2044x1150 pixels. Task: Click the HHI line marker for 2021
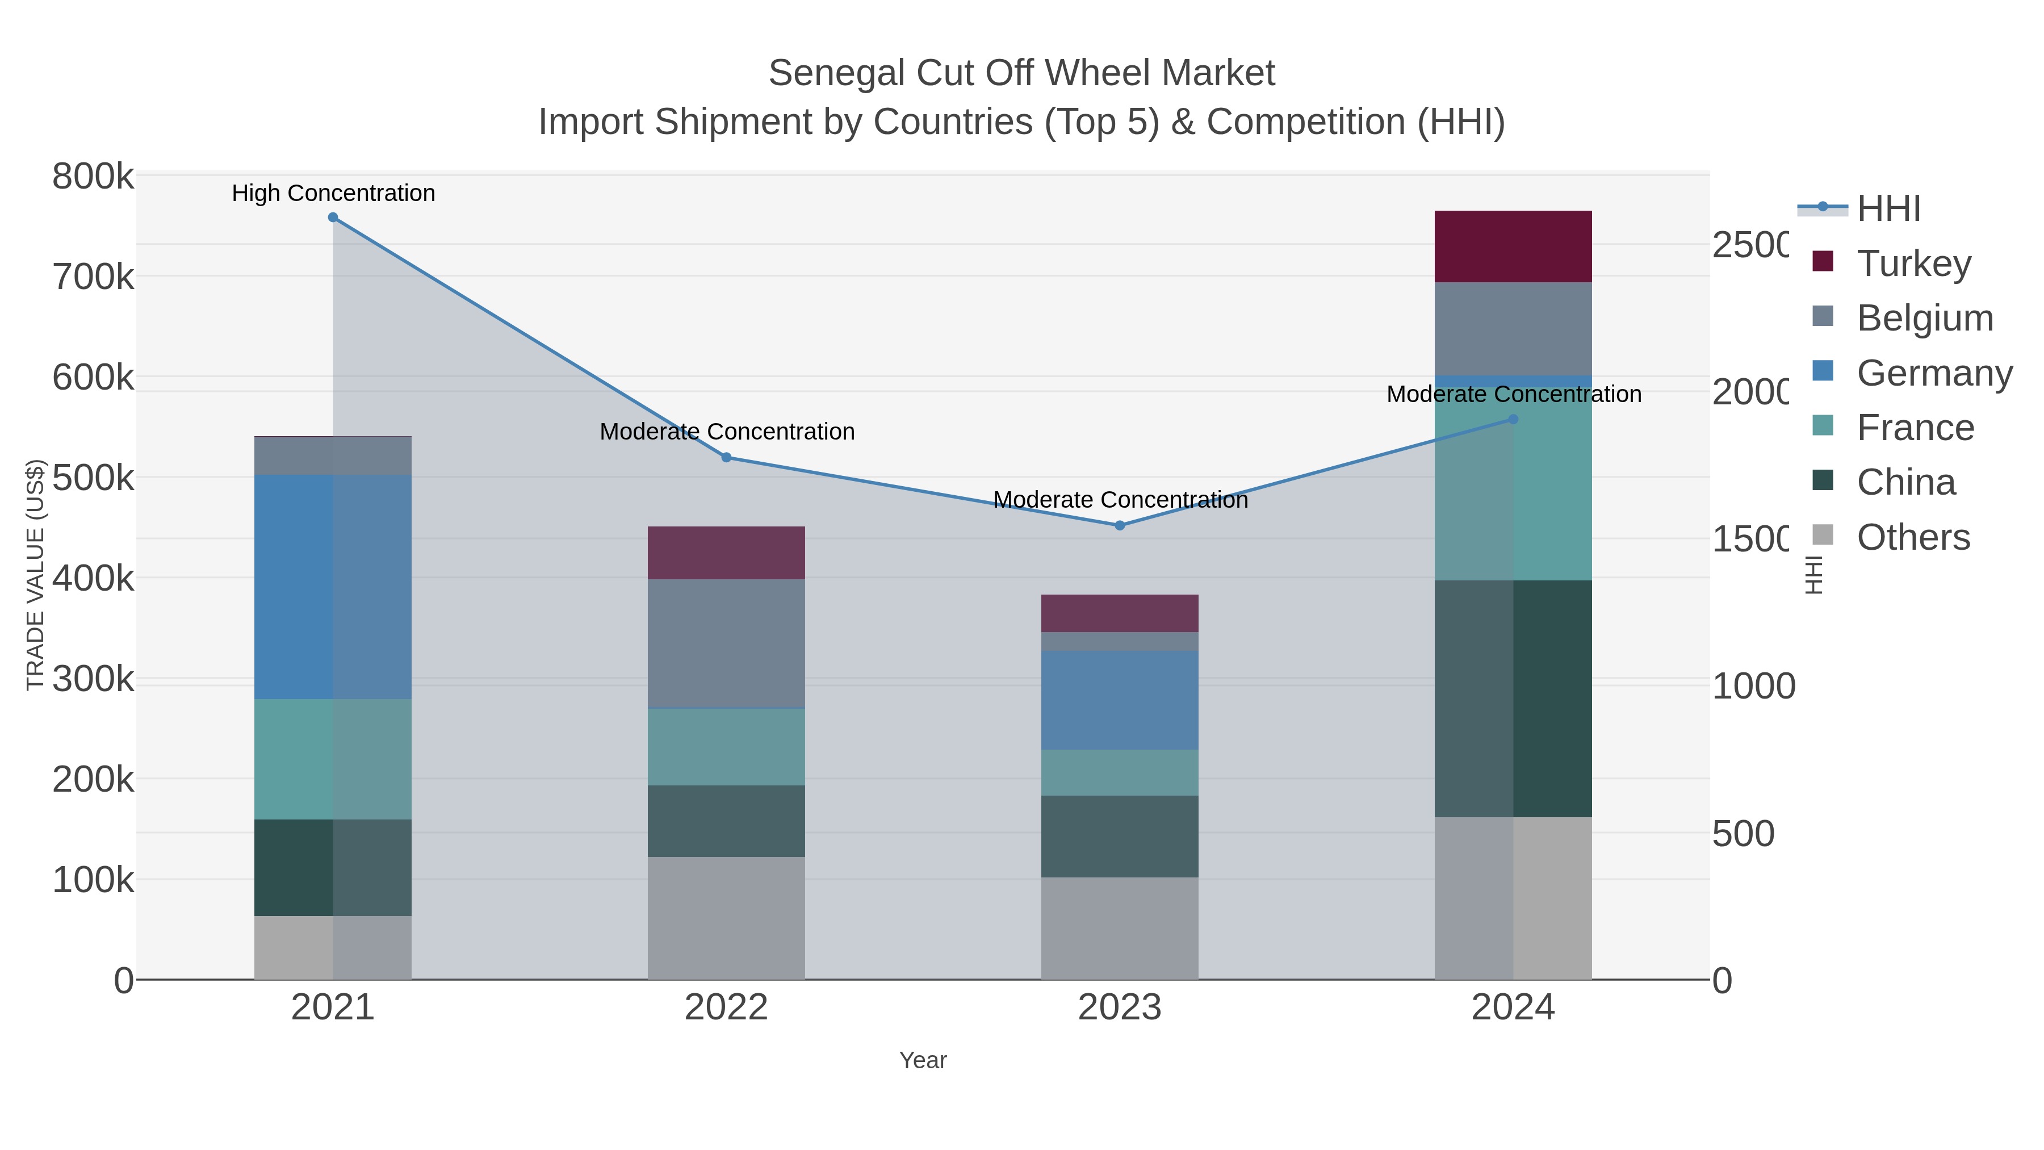(333, 218)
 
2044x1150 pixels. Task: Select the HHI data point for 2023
(1120, 525)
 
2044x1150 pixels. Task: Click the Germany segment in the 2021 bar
(333, 587)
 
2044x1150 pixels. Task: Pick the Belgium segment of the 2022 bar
(726, 643)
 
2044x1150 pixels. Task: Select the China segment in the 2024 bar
(1513, 699)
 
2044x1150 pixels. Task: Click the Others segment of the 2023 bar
(1120, 928)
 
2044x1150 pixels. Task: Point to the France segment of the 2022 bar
(726, 747)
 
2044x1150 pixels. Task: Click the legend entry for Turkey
(1913, 264)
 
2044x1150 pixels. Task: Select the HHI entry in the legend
(1888, 209)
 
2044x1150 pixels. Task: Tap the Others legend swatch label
(1913, 537)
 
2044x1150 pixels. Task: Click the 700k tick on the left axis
(93, 277)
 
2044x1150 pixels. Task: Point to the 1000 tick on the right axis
(1753, 687)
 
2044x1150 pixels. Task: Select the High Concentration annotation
(333, 193)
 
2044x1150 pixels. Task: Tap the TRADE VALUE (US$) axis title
(35, 575)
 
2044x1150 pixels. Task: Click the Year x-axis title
(922, 1060)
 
